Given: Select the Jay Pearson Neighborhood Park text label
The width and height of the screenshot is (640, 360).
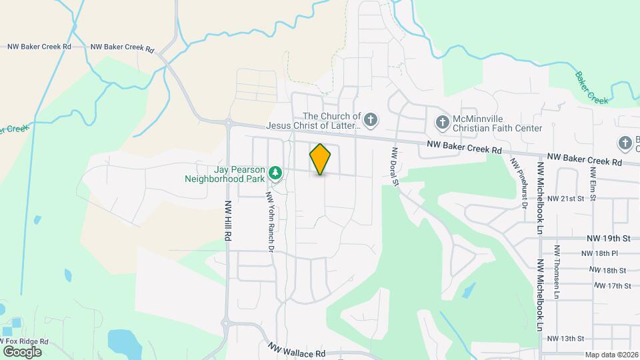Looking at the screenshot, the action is pos(227,173).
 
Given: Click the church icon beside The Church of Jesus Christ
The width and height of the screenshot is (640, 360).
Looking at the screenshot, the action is pos(371,121).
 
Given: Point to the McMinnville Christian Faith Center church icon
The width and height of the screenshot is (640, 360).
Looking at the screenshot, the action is pos(441,122).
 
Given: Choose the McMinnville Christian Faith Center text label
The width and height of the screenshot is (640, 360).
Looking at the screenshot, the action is pos(497,122).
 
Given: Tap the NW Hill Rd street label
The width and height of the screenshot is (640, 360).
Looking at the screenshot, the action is pos(228,221).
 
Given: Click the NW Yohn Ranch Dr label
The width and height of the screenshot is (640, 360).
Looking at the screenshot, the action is pos(271,223).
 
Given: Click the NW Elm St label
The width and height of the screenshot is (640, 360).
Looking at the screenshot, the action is pos(592,177).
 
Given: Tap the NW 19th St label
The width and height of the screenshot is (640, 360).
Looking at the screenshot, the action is pos(608,238).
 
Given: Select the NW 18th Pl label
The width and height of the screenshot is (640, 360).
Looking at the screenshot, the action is pos(599,253).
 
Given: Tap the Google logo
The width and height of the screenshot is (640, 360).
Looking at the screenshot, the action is pos(22,351).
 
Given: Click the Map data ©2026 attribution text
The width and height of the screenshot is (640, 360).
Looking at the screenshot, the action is pos(611,355).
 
